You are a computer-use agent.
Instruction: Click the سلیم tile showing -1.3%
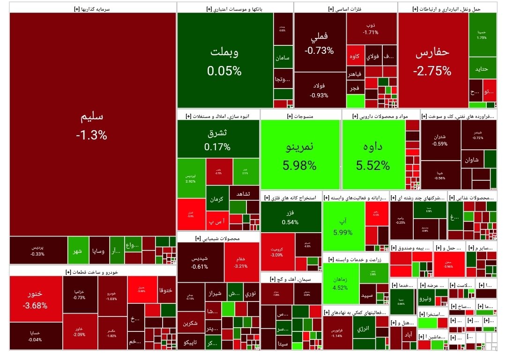[92, 125]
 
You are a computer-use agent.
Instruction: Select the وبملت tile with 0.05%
[224, 61]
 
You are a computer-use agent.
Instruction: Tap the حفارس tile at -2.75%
[432, 61]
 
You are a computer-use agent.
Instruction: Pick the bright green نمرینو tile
[300, 154]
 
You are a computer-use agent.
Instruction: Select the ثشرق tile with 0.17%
[217, 139]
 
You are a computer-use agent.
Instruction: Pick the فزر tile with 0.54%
[290, 217]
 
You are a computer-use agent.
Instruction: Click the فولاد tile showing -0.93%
[320, 90]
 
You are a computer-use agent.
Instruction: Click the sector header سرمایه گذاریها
[93, 8]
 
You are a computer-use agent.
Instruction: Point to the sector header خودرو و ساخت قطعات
[93, 272]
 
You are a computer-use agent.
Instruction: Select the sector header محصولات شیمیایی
[218, 238]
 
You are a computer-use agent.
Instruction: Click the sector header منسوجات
[300, 116]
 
